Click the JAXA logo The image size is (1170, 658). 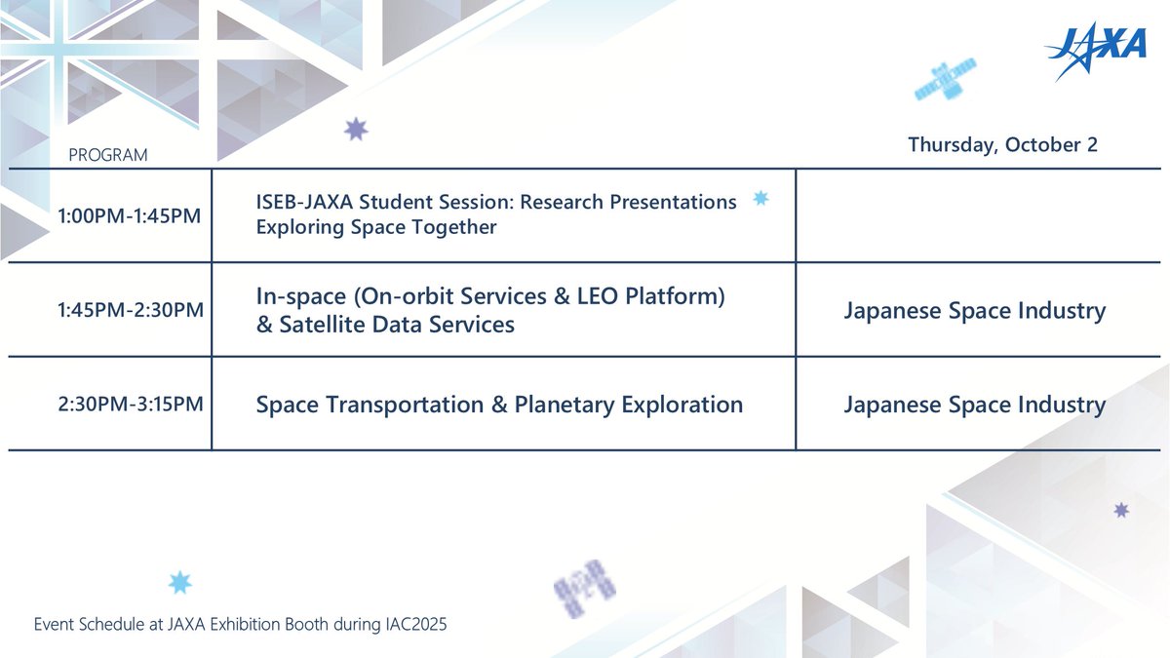click(1096, 51)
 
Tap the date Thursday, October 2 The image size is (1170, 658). click(1003, 145)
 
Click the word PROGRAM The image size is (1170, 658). click(108, 155)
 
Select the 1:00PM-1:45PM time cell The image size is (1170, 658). click(129, 215)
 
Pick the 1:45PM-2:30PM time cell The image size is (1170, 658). click(131, 310)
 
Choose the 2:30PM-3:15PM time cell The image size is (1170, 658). click(131, 404)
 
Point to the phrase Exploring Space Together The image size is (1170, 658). click(376, 227)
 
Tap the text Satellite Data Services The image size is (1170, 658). click(397, 325)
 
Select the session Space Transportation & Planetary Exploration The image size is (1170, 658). click(499, 405)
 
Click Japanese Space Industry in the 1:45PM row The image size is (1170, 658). click(975, 311)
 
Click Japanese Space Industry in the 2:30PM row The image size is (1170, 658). click(975, 405)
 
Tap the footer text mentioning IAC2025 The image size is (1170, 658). click(240, 624)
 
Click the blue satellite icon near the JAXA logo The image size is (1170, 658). click(945, 79)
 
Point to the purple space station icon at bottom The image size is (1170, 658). click(584, 589)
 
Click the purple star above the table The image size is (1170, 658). click(356, 130)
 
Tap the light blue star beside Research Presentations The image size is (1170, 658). click(760, 198)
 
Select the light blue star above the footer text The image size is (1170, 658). click(180, 582)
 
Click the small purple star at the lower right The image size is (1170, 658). click(1121, 510)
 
